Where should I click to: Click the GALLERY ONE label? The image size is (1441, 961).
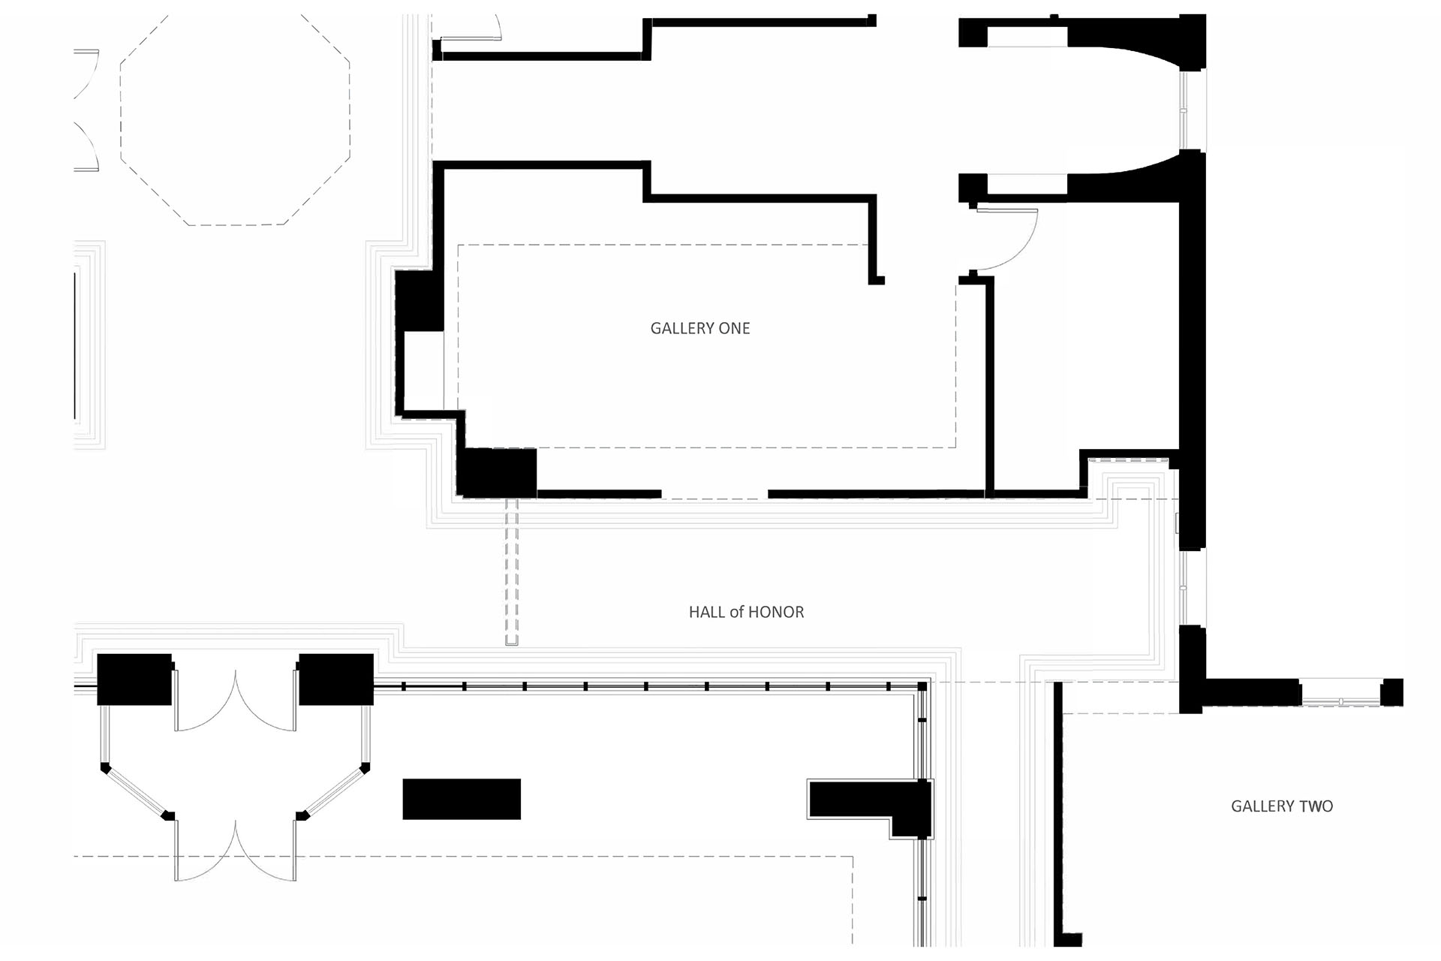click(x=699, y=328)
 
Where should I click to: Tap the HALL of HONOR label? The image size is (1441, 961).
click(x=746, y=612)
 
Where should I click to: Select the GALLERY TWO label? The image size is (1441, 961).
click(x=1281, y=806)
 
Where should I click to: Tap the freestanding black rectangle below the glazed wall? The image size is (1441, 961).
click(x=462, y=799)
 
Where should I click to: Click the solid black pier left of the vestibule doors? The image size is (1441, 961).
click(x=134, y=679)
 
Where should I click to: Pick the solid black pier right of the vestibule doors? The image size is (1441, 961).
click(x=336, y=679)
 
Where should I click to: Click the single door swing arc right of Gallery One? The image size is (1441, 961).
click(x=1009, y=240)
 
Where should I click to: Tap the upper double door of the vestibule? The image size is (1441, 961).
click(x=235, y=702)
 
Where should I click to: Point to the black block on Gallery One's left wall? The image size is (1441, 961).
click(x=418, y=300)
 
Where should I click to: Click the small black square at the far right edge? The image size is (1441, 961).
click(x=1391, y=691)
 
